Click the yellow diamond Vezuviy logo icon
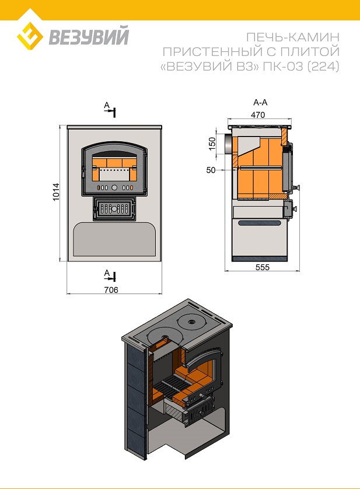(x=30, y=36)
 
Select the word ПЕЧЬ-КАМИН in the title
(x=293, y=37)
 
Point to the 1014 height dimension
(x=56, y=192)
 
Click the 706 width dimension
(x=111, y=289)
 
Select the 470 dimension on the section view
(x=258, y=115)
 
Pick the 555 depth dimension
(x=263, y=267)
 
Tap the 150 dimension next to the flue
(x=212, y=144)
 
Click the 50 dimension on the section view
(x=211, y=170)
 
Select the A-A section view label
(x=260, y=102)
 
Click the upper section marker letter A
(x=107, y=106)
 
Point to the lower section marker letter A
(x=107, y=273)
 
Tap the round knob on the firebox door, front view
(x=114, y=187)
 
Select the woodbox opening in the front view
(x=114, y=239)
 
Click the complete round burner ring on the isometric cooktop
(x=190, y=322)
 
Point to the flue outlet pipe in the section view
(x=228, y=144)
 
